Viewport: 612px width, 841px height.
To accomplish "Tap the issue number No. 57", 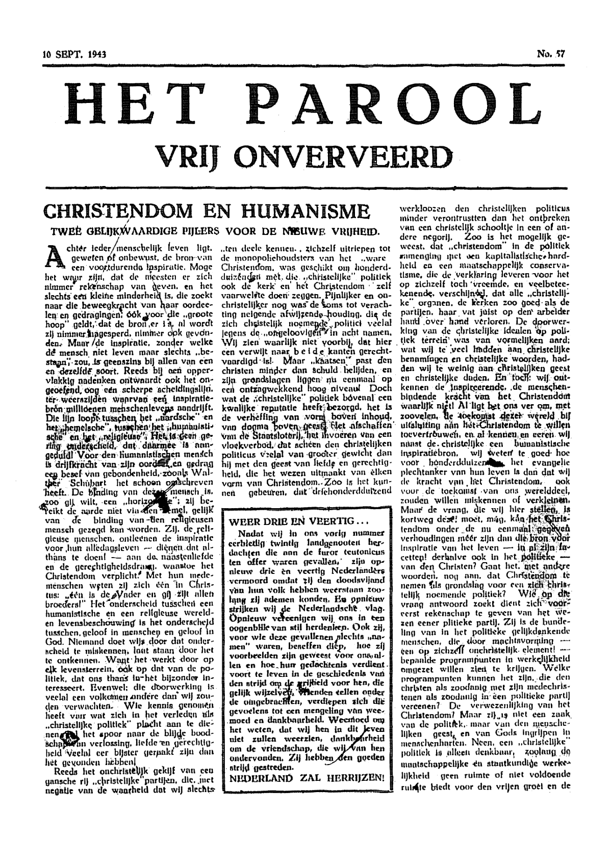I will (550, 53).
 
